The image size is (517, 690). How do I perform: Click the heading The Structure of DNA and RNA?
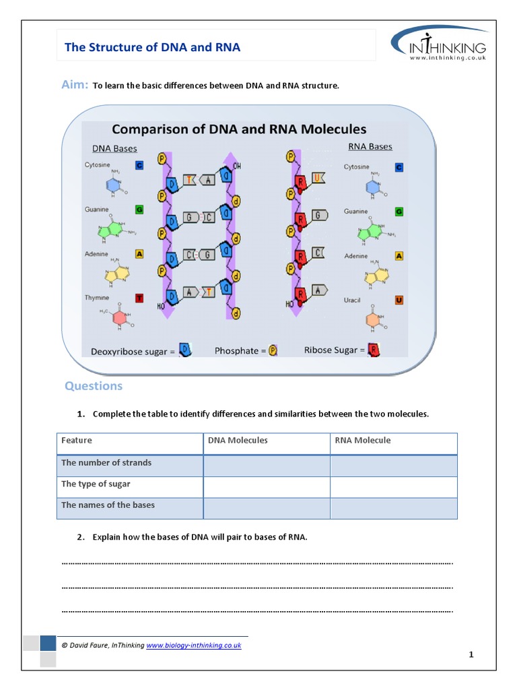151,47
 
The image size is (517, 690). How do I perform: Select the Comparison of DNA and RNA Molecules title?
238,129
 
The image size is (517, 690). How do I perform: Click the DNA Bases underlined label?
114,149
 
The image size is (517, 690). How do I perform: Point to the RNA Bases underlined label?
370,146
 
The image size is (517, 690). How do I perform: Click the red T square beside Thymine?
139,299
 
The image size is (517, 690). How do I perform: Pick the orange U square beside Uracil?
399,300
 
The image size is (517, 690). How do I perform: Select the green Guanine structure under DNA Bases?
110,230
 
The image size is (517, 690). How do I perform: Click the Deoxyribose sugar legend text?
133,351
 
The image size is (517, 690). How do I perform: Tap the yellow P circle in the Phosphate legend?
273,351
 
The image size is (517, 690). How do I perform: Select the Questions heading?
94,386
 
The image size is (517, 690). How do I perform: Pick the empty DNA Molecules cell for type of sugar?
266,487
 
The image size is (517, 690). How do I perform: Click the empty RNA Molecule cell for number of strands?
393,466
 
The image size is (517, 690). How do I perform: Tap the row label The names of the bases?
108,505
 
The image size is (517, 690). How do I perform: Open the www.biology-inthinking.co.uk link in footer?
194,645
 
